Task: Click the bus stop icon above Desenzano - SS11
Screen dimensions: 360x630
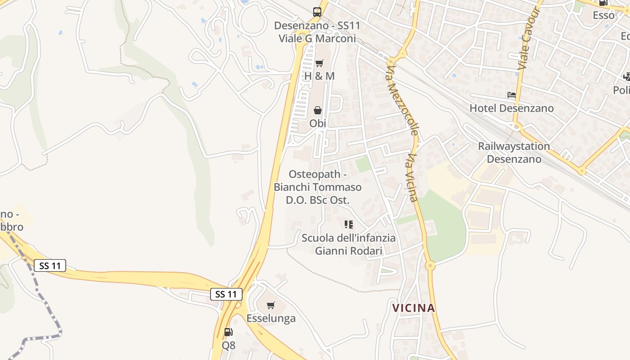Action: click(x=317, y=12)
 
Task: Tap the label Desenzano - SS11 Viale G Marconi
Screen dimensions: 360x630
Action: click(x=317, y=32)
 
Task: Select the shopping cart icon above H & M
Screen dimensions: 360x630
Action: click(x=319, y=63)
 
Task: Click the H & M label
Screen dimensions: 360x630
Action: click(x=319, y=76)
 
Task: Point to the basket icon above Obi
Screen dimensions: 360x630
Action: click(x=318, y=110)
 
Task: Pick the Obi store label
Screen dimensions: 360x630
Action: click(x=318, y=123)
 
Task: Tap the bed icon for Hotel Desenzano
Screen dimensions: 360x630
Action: click(x=512, y=95)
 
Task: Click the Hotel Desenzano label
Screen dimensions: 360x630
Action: click(x=512, y=108)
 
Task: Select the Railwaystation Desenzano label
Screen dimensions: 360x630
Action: click(x=514, y=153)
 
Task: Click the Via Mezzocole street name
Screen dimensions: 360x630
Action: click(x=403, y=100)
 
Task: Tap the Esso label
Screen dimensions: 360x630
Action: click(x=603, y=15)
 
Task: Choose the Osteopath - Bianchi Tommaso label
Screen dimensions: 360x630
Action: click(x=318, y=187)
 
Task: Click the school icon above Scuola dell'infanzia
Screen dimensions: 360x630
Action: click(x=349, y=224)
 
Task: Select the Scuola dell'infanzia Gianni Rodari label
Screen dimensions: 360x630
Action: click(x=349, y=244)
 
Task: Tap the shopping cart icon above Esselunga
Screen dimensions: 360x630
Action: click(x=271, y=306)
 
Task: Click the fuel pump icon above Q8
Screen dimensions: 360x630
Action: click(x=229, y=333)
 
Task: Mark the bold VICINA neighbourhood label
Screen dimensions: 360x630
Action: click(x=414, y=308)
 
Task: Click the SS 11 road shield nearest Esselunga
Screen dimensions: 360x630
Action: click(x=226, y=294)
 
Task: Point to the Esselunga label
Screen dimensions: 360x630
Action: click(x=271, y=318)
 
